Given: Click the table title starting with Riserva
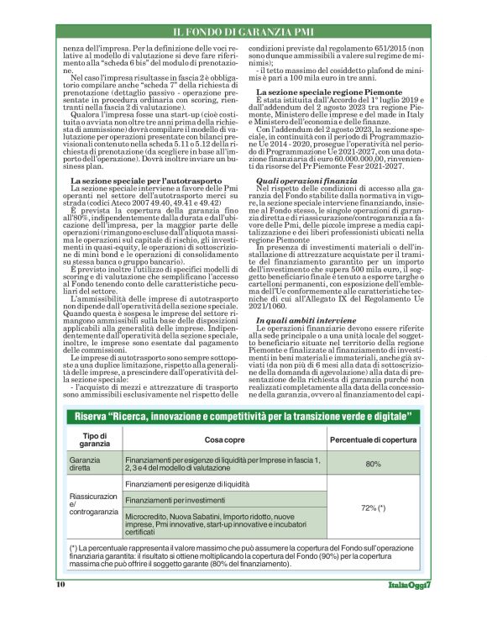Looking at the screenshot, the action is tap(243, 418).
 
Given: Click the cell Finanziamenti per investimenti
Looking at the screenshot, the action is tap(175, 500).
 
